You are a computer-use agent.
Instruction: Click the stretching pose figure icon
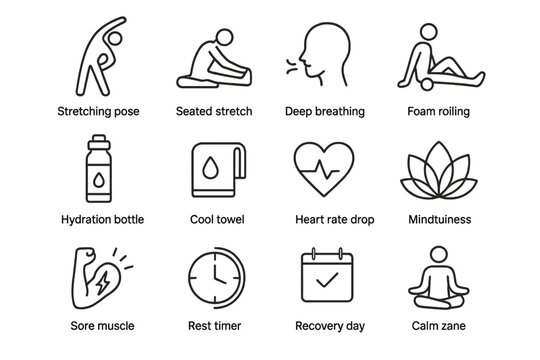pyautogui.click(x=96, y=55)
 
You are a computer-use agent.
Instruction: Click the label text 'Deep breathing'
pyautogui.click(x=325, y=110)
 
